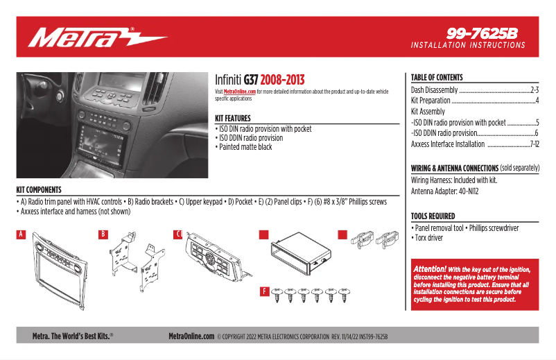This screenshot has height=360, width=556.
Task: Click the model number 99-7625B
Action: pyautogui.click(x=483, y=33)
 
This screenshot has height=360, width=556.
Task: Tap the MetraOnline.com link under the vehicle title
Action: pyautogui.click(x=240, y=92)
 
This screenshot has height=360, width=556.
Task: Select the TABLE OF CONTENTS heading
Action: pyautogui.click(x=437, y=78)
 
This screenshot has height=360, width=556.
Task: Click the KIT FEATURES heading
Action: pyautogui.click(x=233, y=119)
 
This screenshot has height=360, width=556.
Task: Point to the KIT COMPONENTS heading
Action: pyautogui.click(x=39, y=189)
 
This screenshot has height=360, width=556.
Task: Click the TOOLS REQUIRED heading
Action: pyautogui.click(x=433, y=216)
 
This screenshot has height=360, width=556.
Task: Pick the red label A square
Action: pyautogui.click(x=21, y=234)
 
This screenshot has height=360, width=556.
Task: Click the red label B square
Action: pyautogui.click(x=103, y=234)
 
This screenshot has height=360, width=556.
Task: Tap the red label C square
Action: pyautogui.click(x=179, y=234)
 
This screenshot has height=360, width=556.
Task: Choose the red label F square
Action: pyautogui.click(x=263, y=292)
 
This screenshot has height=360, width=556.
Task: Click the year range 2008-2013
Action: pyautogui.click(x=282, y=80)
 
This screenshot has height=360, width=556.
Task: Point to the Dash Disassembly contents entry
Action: pyautogui.click(x=435, y=90)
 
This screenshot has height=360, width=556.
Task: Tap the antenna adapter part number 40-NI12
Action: pyautogui.click(x=465, y=191)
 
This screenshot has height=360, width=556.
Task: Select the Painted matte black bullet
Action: pyautogui.click(x=245, y=147)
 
